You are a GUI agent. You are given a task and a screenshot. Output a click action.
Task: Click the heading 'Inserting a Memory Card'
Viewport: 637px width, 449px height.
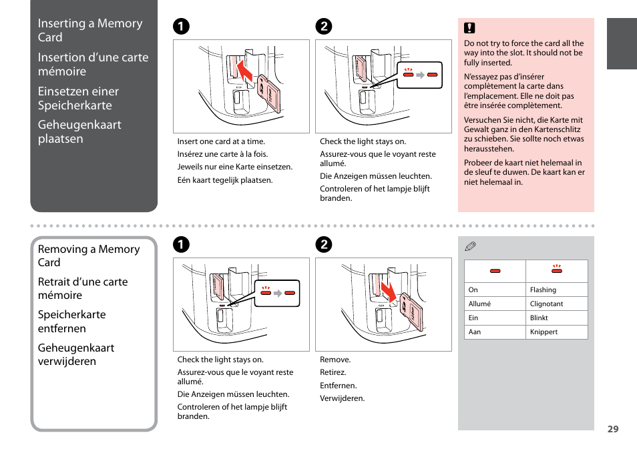click(x=90, y=30)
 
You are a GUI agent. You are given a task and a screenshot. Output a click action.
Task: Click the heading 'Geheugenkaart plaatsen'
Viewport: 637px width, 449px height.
click(x=79, y=131)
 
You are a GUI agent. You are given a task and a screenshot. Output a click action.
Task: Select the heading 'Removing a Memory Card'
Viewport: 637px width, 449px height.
click(x=89, y=256)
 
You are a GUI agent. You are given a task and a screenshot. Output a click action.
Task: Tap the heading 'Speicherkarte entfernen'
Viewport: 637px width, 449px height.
click(x=71, y=321)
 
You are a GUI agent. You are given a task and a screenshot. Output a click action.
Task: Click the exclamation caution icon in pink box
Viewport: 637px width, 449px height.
click(x=469, y=28)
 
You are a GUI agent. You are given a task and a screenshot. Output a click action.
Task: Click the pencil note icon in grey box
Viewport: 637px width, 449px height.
click(x=470, y=246)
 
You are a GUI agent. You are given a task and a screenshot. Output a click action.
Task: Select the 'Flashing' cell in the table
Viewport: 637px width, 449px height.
click(x=543, y=290)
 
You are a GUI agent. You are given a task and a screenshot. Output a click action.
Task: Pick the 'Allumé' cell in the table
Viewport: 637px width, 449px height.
click(x=479, y=304)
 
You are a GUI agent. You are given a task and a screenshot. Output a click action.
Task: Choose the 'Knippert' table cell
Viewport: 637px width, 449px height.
click(x=544, y=332)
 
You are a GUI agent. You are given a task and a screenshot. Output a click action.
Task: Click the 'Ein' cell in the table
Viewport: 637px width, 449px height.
click(x=473, y=318)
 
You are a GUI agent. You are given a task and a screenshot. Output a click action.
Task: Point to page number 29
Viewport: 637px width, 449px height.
click(x=612, y=429)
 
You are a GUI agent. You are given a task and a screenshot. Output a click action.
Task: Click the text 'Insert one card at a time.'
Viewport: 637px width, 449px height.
click(x=221, y=141)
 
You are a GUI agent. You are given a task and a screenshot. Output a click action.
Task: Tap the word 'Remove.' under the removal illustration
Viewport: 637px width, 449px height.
click(x=335, y=360)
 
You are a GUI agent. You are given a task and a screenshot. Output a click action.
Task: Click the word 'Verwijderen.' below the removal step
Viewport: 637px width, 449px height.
click(x=342, y=398)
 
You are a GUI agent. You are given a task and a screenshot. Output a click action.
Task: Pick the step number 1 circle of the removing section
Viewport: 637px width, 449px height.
click(x=180, y=244)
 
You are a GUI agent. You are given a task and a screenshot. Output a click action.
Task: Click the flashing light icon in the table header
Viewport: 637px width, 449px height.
click(x=556, y=270)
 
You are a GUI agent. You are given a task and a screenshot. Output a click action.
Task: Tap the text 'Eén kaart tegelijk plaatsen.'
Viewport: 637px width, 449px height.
click(x=225, y=180)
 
